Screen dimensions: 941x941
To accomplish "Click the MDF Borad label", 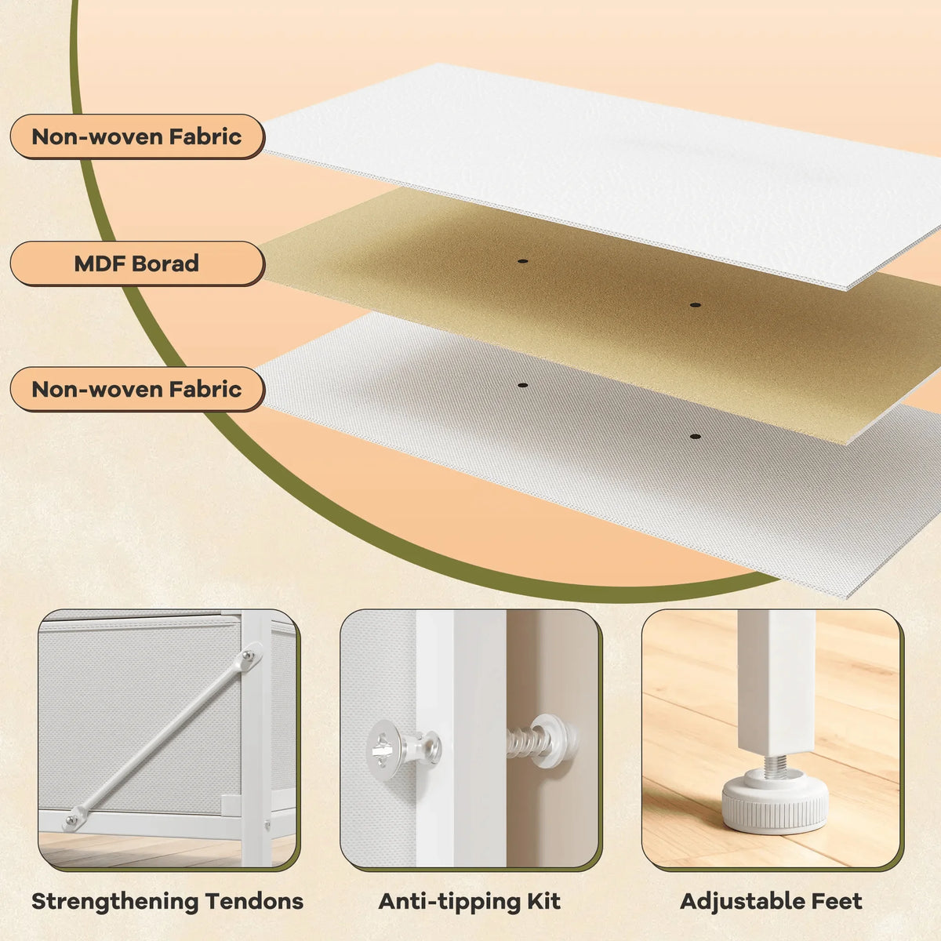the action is [136, 263].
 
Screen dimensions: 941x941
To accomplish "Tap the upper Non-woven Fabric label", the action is [136, 136].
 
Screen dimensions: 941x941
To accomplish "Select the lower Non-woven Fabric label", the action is [136, 389].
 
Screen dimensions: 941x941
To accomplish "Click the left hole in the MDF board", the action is [522, 261].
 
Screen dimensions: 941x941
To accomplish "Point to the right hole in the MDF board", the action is [695, 305].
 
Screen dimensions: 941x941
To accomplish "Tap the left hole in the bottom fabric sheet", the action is [522, 385].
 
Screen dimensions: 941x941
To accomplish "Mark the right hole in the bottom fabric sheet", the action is [695, 437].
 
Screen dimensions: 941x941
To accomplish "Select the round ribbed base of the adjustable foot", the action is [775, 804].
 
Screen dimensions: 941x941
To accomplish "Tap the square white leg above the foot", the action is [776, 683].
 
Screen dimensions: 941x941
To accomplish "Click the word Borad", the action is [165, 263].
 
